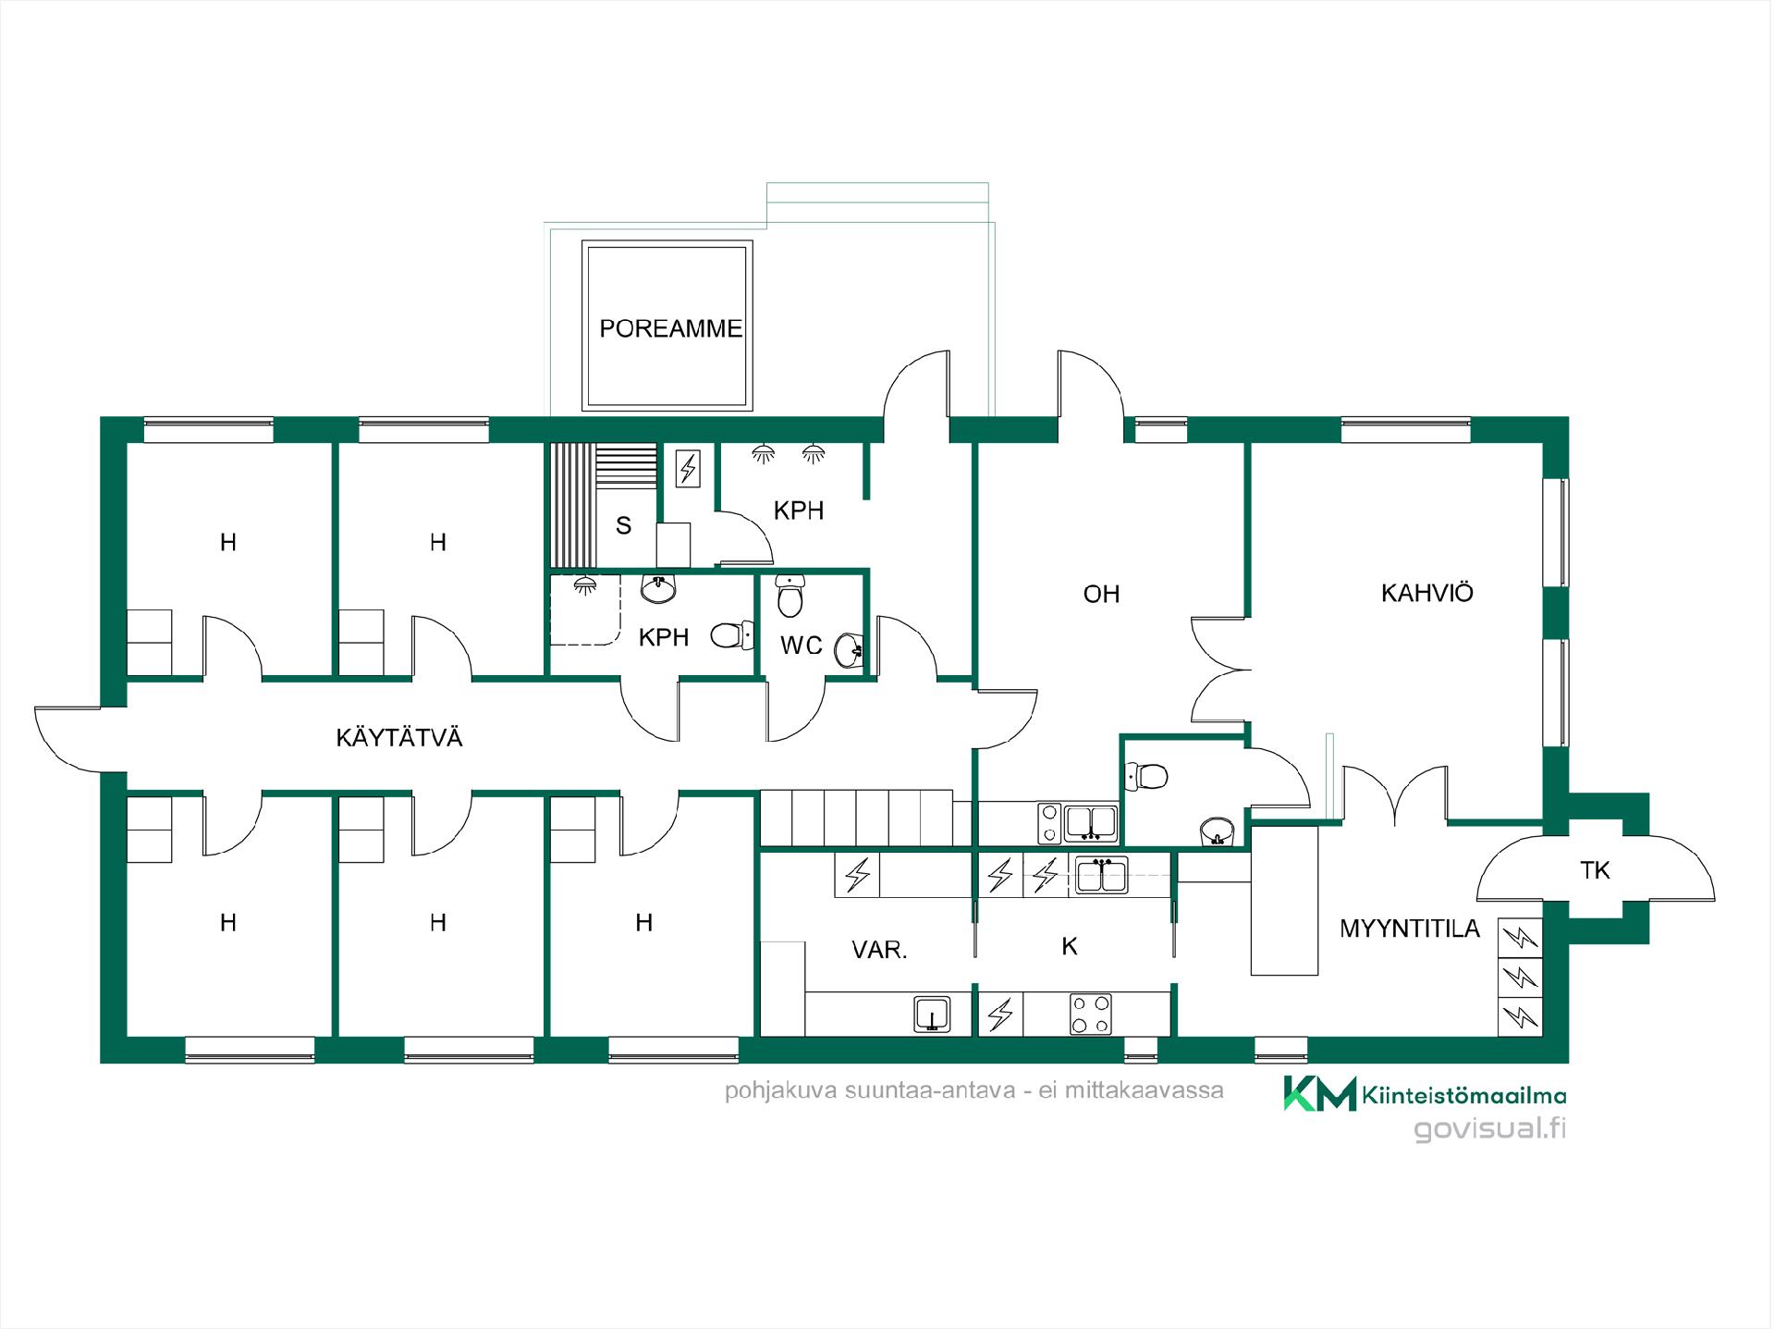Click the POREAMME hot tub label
pyautogui.click(x=670, y=328)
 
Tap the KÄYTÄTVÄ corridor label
pyautogui.click(x=399, y=737)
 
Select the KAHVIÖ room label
pyautogui.click(x=1426, y=593)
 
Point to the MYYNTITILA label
pyautogui.click(x=1410, y=929)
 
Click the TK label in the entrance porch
pyautogui.click(x=1595, y=869)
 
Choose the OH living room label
pyautogui.click(x=1101, y=594)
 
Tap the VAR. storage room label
pyautogui.click(x=879, y=950)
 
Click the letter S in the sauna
pyautogui.click(x=624, y=525)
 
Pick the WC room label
pyautogui.click(x=801, y=646)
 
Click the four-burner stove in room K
pyautogui.click(x=1091, y=1014)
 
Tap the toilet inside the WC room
pyautogui.click(x=790, y=595)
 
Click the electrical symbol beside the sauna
pyautogui.click(x=688, y=468)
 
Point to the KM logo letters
pyautogui.click(x=1319, y=1093)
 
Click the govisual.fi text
pyautogui.click(x=1490, y=1129)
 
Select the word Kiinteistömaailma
pyautogui.click(x=1464, y=1096)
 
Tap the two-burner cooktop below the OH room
pyautogui.click(x=1050, y=823)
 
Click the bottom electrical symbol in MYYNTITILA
pyautogui.click(x=1520, y=1017)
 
